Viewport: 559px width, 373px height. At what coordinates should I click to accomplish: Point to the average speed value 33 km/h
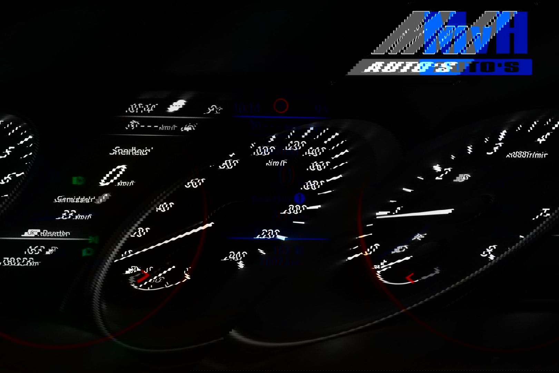pos(76,216)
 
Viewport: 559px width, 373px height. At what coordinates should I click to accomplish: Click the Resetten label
pos(55,233)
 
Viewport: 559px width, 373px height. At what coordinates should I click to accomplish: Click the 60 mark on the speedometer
pos(195,183)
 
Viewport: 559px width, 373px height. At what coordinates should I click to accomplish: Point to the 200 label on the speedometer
pos(293,209)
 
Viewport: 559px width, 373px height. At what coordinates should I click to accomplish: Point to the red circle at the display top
pos(281,106)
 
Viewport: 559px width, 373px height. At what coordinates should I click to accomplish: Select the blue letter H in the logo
pos(509,33)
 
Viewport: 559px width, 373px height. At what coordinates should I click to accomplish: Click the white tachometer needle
pos(418,212)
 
